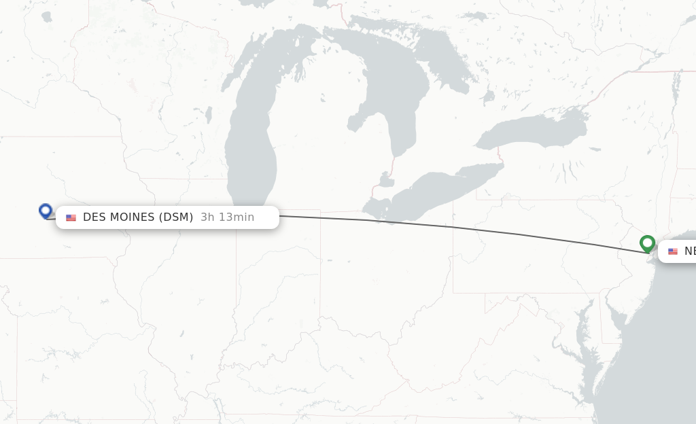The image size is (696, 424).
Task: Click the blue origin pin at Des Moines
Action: click(46, 211)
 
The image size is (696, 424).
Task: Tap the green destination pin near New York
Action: click(647, 243)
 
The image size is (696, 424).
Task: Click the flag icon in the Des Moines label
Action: click(71, 217)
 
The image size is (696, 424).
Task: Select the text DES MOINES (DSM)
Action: click(138, 217)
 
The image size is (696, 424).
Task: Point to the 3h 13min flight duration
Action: click(227, 217)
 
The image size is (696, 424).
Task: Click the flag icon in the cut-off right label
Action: click(673, 251)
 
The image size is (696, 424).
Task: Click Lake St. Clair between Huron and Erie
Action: click(385, 181)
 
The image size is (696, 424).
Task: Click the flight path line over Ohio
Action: click(435, 225)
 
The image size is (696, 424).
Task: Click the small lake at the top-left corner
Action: click(46, 17)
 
